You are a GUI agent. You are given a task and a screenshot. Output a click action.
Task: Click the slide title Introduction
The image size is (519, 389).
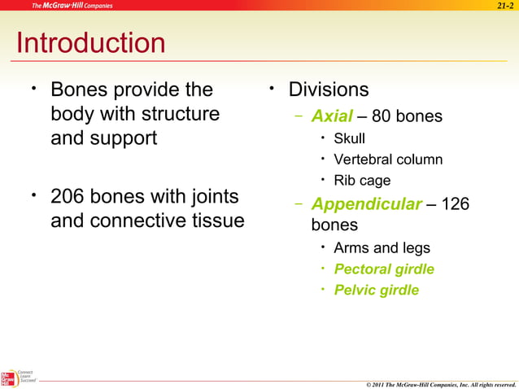pos(90,43)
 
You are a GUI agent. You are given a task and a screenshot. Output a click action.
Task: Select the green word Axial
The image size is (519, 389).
pos(332,116)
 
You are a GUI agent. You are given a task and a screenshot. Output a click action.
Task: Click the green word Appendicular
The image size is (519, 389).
pos(367,203)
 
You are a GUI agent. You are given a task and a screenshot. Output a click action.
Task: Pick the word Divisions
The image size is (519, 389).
pos(329,90)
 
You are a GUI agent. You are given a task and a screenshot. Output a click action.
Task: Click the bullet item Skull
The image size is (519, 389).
pos(349,138)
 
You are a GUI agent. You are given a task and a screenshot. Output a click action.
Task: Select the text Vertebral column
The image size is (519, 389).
pos(387,160)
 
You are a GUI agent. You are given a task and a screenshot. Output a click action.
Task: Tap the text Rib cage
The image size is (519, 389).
pos(362,181)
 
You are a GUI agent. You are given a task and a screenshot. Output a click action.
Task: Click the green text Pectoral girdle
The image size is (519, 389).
pos(384,269)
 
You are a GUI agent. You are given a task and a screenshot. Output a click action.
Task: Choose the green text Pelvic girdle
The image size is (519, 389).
pos(377,290)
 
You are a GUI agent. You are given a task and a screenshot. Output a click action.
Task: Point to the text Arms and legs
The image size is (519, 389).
pos(382,247)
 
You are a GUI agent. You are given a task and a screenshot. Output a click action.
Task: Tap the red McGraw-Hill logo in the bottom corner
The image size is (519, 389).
pos(8,378)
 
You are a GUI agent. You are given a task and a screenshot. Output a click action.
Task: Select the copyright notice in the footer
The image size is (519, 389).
pos(440,383)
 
